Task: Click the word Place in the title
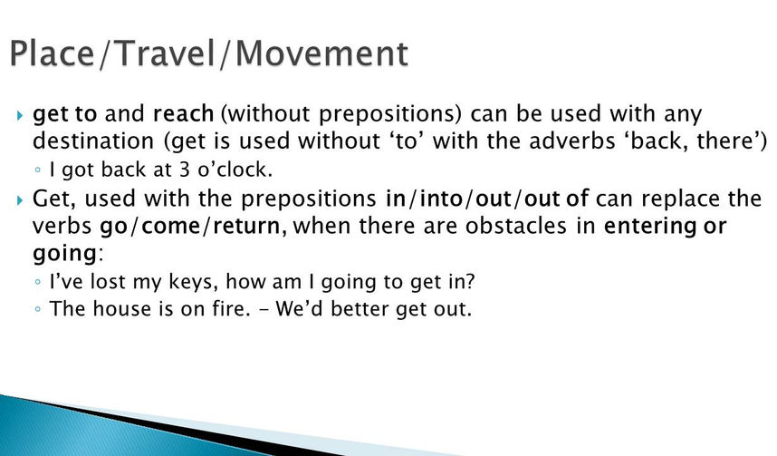point(52,53)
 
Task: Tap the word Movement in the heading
point(322,53)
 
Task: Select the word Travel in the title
point(166,53)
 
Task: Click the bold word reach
point(183,113)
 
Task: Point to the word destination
point(93,141)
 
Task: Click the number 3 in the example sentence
point(185,170)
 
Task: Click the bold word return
point(250,227)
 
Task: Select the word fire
point(228,308)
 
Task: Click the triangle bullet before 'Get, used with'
point(19,200)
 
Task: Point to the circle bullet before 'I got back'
point(38,170)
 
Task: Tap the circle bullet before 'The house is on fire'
point(38,309)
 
